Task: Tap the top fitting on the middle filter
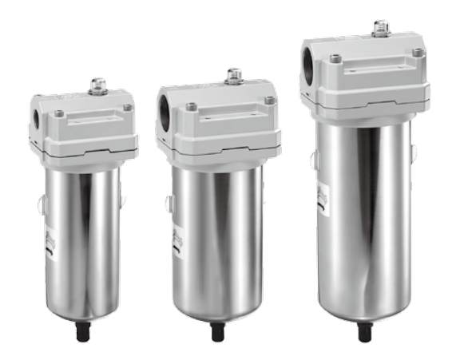pos(234,76)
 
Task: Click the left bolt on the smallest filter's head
pos(59,113)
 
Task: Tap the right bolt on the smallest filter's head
pos(126,106)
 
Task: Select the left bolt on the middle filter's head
pos(192,106)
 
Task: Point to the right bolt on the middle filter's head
pos(269,100)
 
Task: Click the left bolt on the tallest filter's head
pos(335,58)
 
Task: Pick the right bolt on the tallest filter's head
pos(417,52)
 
